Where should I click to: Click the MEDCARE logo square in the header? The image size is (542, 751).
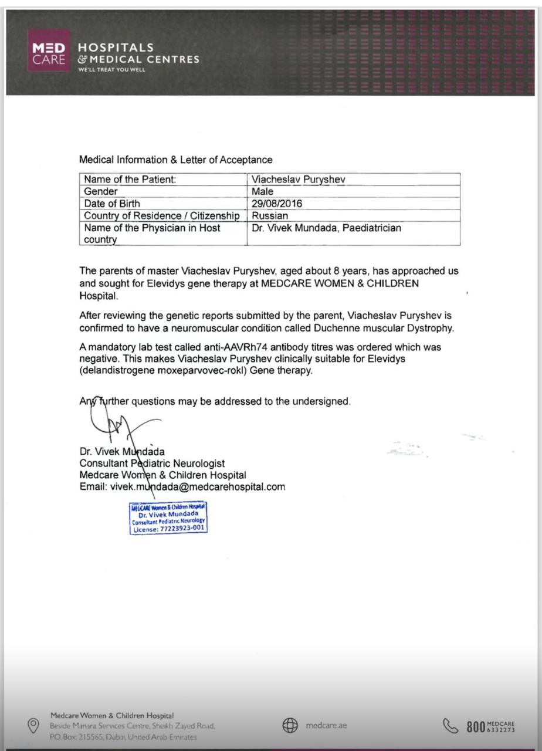[49, 50]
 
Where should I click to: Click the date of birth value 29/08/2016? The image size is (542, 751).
[277, 204]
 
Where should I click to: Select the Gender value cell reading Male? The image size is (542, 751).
[262, 191]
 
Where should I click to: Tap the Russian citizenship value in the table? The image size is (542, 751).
[270, 215]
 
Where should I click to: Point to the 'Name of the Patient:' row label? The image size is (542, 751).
[130, 180]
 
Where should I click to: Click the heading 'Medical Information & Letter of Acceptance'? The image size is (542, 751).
[175, 160]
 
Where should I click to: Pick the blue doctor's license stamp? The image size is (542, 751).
[169, 517]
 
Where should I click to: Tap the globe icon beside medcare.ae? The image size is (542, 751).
[290, 726]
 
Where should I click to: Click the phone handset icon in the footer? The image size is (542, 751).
[450, 726]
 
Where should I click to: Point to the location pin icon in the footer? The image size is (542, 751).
[33, 726]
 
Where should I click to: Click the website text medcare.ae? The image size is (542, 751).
[327, 726]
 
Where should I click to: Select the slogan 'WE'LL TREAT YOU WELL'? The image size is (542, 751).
[111, 70]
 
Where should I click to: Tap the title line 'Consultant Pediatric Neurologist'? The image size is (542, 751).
[152, 464]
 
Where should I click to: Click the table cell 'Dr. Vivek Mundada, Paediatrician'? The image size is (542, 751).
[326, 228]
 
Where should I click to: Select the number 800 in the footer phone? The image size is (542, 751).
[476, 726]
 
